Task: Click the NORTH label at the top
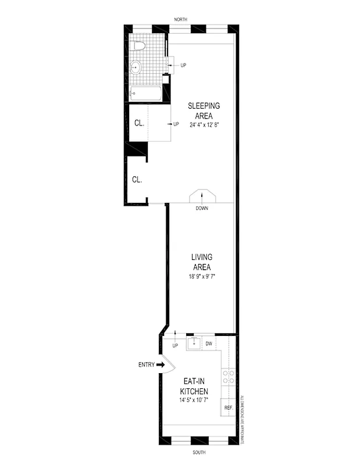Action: click(x=180, y=20)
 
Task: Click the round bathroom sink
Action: click(x=136, y=67)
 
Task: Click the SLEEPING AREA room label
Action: click(x=204, y=110)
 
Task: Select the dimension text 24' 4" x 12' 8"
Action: click(x=204, y=125)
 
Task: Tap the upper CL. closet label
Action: click(x=139, y=123)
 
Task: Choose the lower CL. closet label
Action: click(x=137, y=180)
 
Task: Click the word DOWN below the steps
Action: click(x=202, y=208)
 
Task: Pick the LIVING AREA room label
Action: click(x=202, y=262)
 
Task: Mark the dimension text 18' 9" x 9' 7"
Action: click(x=202, y=276)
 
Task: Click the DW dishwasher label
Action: click(x=208, y=344)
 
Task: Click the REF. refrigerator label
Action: click(x=228, y=407)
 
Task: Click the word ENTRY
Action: click(x=146, y=365)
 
